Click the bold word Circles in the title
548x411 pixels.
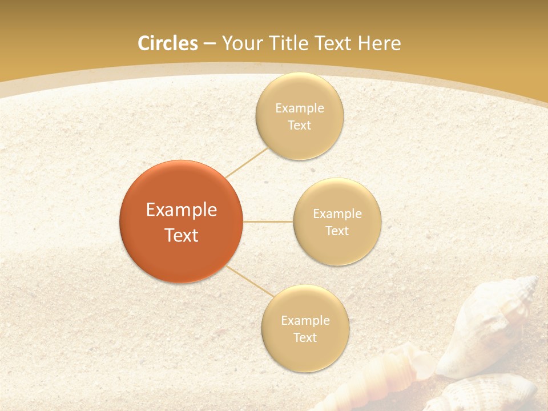click(x=167, y=43)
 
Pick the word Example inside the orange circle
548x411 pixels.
click(x=182, y=210)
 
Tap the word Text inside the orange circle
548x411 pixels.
click(x=182, y=235)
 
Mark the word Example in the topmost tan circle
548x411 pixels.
click(x=300, y=108)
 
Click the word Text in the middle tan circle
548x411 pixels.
click(x=337, y=231)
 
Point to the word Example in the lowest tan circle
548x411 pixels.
click(x=305, y=320)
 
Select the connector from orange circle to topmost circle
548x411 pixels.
click(x=247, y=162)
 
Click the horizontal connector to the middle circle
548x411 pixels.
click(x=268, y=221)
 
